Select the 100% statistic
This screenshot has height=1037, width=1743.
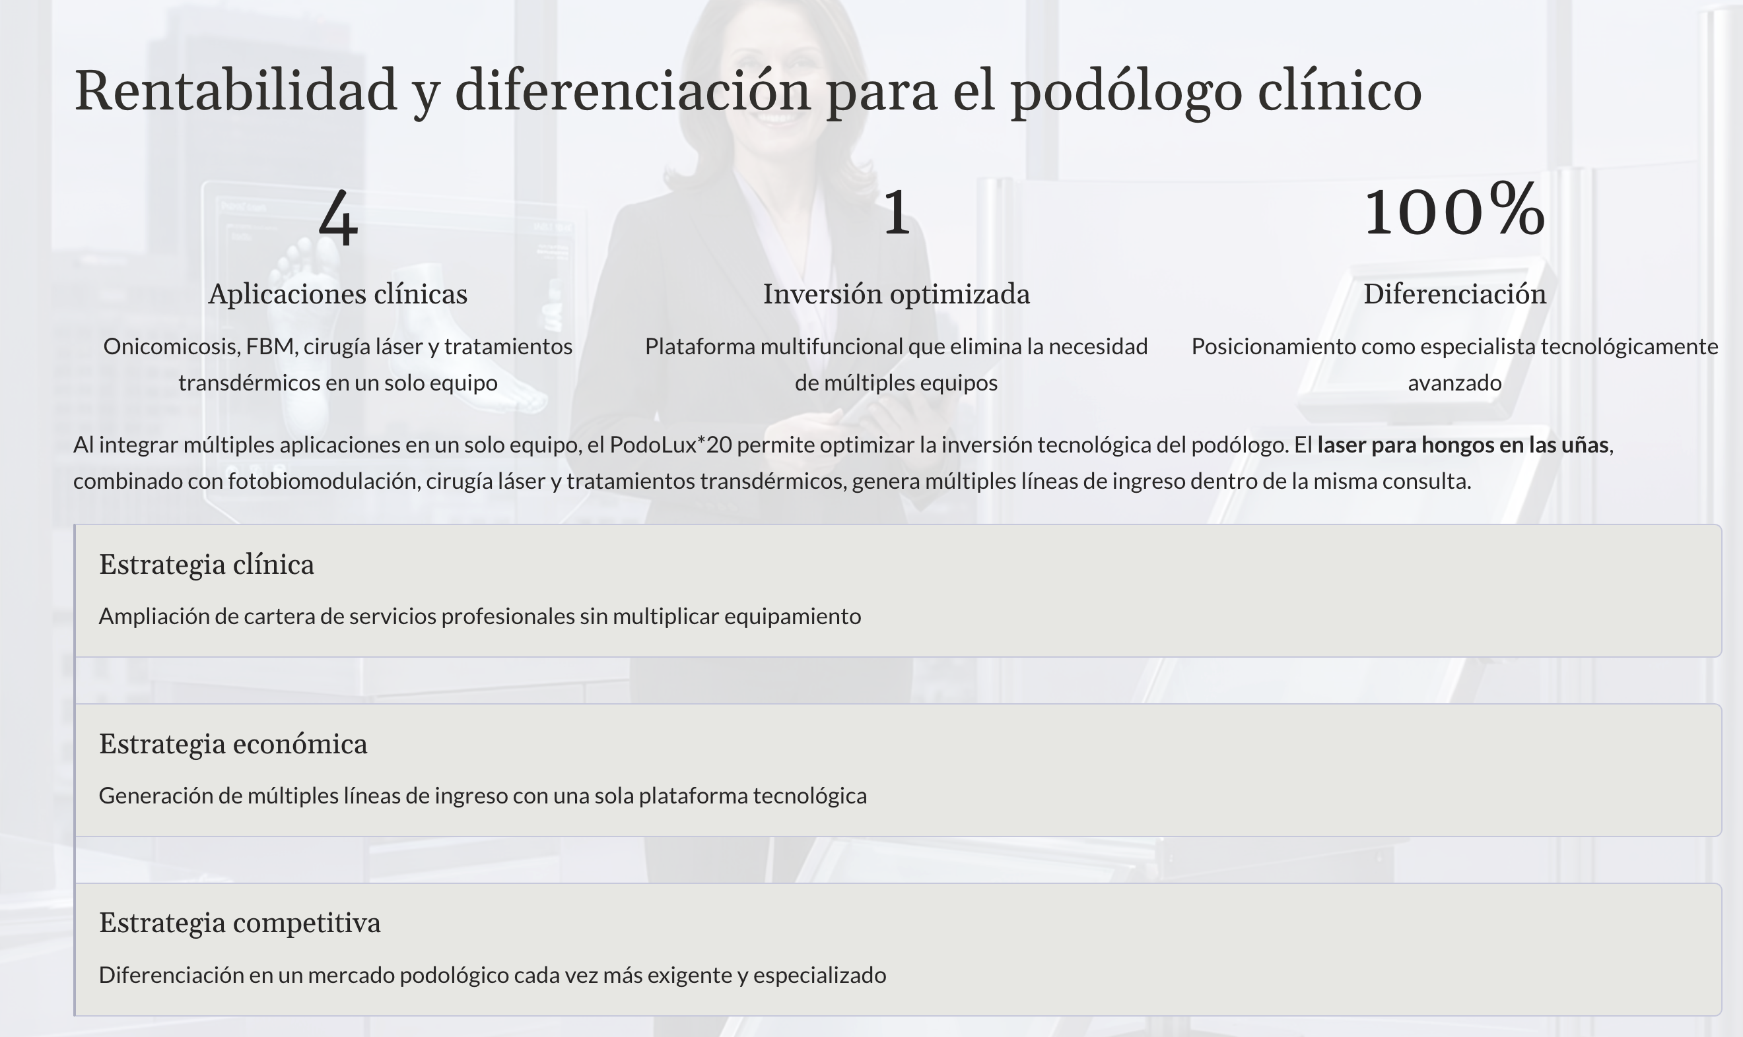click(x=1454, y=209)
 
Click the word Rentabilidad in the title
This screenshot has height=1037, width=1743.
click(x=236, y=91)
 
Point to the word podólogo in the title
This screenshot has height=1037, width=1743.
click(x=1126, y=92)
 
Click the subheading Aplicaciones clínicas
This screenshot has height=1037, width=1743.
click(x=337, y=294)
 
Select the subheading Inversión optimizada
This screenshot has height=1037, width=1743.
click(x=897, y=294)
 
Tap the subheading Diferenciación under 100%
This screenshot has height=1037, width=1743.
click(x=1454, y=294)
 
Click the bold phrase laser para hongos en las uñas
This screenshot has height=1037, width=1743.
click(x=1462, y=445)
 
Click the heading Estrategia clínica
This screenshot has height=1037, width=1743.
click(x=206, y=565)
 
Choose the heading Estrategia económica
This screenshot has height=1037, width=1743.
click(x=233, y=744)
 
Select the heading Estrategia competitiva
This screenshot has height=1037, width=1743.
click(x=240, y=923)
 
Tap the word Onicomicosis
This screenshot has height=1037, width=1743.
click(x=170, y=346)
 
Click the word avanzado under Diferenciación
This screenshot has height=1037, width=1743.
click(x=1454, y=383)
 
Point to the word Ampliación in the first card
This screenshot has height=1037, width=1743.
click(x=154, y=616)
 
